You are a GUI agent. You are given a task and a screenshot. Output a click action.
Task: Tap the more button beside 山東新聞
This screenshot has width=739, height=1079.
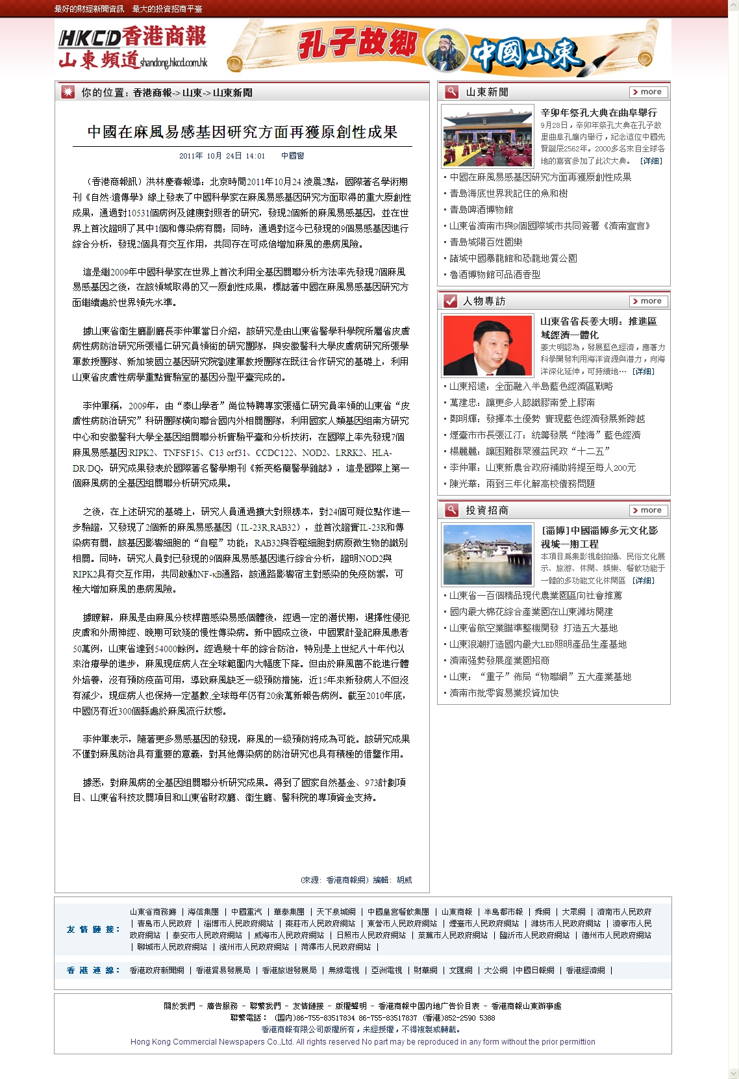click(x=648, y=92)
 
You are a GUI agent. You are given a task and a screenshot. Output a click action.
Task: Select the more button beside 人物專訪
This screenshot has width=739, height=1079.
click(x=648, y=301)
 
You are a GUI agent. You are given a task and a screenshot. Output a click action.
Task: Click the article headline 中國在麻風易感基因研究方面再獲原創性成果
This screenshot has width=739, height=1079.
click(x=242, y=132)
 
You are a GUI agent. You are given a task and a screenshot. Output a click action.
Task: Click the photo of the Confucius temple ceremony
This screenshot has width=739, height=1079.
click(x=488, y=136)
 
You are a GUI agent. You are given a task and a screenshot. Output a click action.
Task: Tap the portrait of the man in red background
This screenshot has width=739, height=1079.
click(x=488, y=346)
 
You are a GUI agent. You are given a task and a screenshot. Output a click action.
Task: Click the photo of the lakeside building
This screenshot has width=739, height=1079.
click(x=488, y=555)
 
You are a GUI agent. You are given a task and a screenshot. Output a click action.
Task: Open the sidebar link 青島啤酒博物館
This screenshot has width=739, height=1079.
click(x=481, y=210)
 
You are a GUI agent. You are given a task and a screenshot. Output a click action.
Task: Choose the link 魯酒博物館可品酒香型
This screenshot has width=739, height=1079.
click(x=495, y=275)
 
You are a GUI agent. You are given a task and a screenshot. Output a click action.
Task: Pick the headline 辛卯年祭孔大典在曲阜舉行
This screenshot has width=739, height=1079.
click(x=599, y=113)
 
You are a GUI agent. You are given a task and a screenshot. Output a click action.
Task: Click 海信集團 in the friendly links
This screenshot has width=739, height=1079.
click(x=203, y=912)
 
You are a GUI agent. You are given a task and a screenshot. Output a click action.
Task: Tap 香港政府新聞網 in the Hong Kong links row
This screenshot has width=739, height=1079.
click(x=157, y=971)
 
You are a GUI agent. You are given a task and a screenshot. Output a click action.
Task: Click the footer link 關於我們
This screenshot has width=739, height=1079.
click(x=179, y=1006)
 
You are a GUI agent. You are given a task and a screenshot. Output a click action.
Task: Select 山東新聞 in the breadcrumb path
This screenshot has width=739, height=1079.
click(x=232, y=93)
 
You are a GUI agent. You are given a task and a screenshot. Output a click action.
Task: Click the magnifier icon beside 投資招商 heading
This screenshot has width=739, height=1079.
click(x=451, y=511)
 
